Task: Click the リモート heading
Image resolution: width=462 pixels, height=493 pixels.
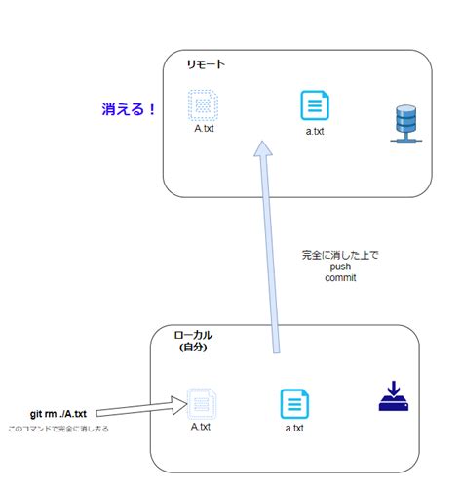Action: point(206,64)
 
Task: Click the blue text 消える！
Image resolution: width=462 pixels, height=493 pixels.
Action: point(129,109)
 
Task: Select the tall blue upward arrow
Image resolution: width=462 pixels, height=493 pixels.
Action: point(270,244)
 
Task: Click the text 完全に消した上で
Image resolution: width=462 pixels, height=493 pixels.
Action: point(339,256)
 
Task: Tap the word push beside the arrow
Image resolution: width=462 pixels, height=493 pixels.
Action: point(339,267)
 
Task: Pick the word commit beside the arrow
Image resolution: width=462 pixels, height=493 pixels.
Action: point(339,277)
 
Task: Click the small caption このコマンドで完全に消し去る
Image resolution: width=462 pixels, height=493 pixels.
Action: point(58,429)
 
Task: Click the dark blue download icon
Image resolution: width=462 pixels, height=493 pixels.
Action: point(395,397)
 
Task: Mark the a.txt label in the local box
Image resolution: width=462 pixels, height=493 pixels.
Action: point(295,428)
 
